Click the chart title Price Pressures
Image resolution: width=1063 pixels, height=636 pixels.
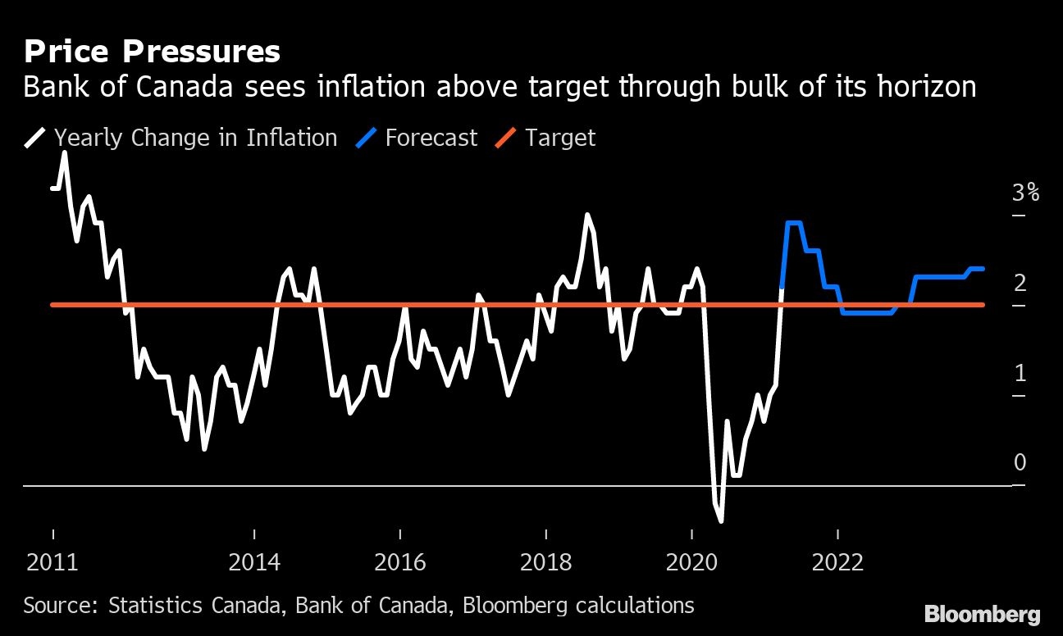pyautogui.click(x=152, y=52)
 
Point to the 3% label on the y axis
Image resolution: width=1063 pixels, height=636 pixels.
pyautogui.click(x=1025, y=193)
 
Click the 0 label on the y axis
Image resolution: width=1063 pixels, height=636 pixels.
pyautogui.click(x=1020, y=463)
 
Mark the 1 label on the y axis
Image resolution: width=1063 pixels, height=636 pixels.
pyautogui.click(x=1020, y=374)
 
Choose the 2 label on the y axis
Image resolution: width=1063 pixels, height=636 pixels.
pyautogui.click(x=1020, y=284)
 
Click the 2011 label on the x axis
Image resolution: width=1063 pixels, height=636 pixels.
pyautogui.click(x=53, y=562)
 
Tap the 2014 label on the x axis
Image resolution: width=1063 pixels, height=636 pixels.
pyautogui.click(x=255, y=562)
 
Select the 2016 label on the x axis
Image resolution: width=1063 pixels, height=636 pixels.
pyautogui.click(x=400, y=562)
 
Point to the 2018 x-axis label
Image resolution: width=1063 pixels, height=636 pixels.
pyautogui.click(x=546, y=562)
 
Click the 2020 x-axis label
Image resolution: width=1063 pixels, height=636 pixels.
pyautogui.click(x=691, y=562)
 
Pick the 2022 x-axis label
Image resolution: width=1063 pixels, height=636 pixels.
pyautogui.click(x=837, y=562)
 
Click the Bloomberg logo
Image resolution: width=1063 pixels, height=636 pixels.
pyautogui.click(x=982, y=614)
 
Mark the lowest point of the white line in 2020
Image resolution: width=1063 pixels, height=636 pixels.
pyautogui.click(x=721, y=520)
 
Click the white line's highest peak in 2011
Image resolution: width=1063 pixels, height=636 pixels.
pyautogui.click(x=65, y=152)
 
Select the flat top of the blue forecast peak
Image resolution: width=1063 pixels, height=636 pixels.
pyautogui.click(x=793, y=223)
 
